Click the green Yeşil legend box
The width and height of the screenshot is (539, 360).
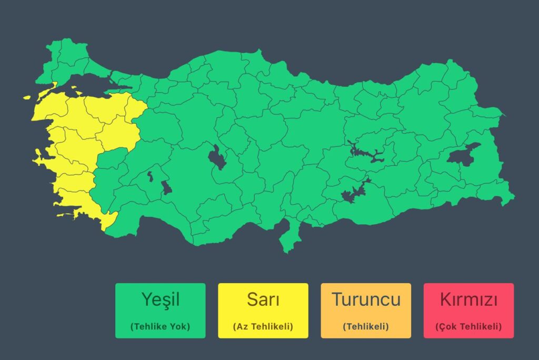160,311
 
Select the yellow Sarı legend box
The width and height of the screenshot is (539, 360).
263,311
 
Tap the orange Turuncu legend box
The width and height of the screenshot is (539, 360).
366,311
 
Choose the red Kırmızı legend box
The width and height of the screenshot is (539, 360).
468,311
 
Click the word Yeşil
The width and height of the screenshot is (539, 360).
160,299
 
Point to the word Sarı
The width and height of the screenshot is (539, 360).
263,299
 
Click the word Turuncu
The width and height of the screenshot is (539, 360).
366,299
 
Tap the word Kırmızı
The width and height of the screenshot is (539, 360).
468,299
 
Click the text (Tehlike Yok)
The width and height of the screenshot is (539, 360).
160,326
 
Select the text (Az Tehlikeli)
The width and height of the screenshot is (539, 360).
263,326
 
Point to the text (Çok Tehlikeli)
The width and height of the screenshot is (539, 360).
468,326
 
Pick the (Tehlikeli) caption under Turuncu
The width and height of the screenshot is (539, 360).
366,326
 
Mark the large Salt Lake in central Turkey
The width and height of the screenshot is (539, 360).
216,157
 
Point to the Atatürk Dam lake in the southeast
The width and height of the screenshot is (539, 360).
354,193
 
